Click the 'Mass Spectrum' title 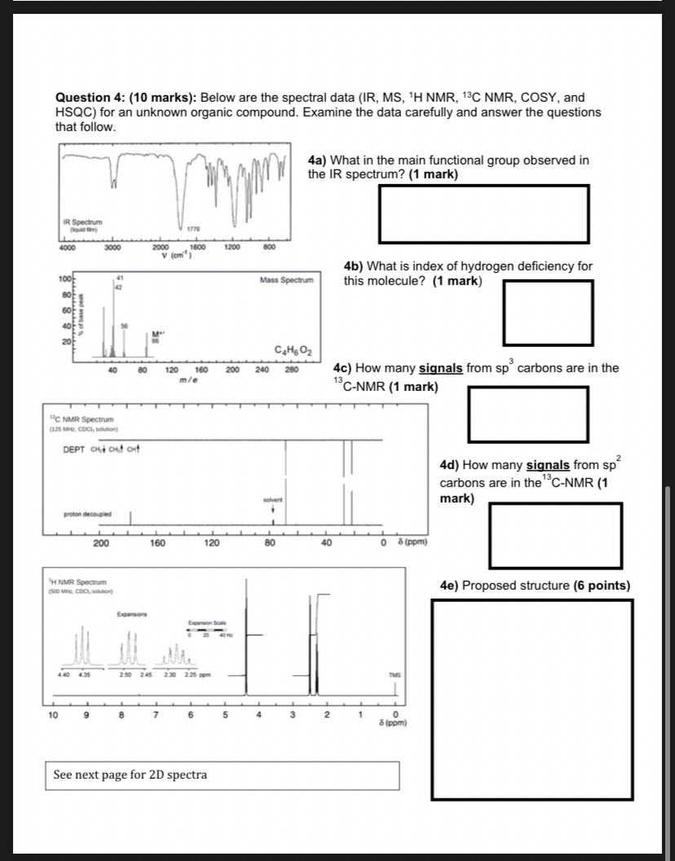(x=286, y=280)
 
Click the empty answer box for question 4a (x=483, y=213)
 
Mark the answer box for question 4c (x=527, y=414)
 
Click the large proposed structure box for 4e (x=532, y=699)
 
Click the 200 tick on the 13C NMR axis (x=102, y=543)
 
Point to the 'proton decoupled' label (x=87, y=514)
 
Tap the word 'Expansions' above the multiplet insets (x=132, y=613)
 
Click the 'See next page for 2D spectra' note (x=130, y=775)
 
